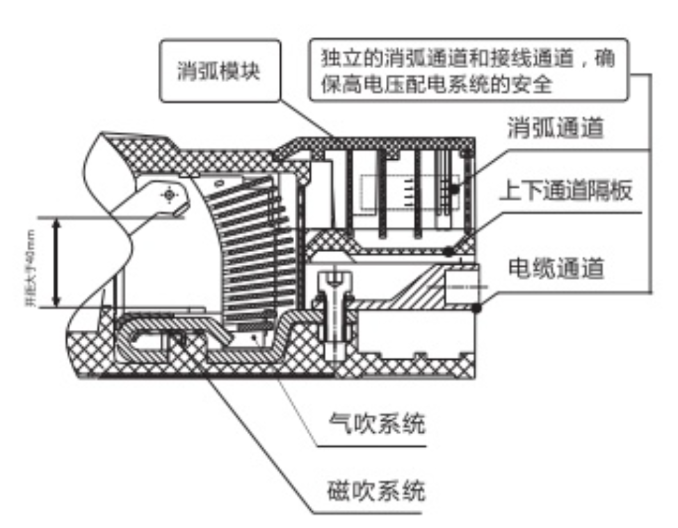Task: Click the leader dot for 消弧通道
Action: click(x=453, y=188)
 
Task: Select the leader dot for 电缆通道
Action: click(x=476, y=307)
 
